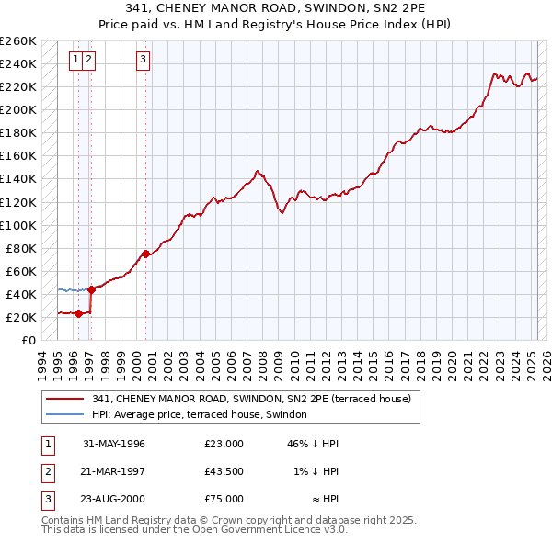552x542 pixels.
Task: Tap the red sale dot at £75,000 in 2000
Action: click(145, 254)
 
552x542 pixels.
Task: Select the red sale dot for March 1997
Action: click(91, 289)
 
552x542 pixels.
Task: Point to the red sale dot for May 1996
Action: click(78, 313)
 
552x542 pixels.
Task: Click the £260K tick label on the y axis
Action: click(18, 41)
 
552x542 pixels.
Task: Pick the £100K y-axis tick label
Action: click(18, 225)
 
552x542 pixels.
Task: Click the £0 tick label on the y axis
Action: click(28, 340)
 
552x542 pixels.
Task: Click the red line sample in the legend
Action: click(65, 399)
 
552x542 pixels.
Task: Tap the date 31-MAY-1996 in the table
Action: click(114, 444)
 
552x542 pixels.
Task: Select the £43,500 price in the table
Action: click(224, 471)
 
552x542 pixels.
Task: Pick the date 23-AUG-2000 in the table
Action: click(114, 499)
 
